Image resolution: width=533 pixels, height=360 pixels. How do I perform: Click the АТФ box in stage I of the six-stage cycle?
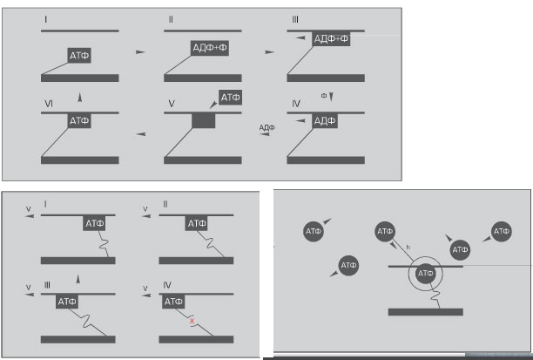(x=79, y=56)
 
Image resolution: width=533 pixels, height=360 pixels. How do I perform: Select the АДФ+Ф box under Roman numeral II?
(x=210, y=48)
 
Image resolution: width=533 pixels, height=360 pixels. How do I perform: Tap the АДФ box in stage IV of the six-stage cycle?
(x=325, y=121)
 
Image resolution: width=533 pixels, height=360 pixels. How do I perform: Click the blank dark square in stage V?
(x=204, y=121)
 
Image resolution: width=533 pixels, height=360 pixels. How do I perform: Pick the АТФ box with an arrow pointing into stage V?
(x=231, y=98)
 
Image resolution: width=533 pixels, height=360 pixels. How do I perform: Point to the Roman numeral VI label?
(x=49, y=104)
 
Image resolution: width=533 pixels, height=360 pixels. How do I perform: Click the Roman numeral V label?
(x=172, y=104)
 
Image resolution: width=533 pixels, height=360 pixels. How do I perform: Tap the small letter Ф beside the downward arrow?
(x=324, y=96)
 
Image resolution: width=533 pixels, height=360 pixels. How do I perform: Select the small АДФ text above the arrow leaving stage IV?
(x=266, y=127)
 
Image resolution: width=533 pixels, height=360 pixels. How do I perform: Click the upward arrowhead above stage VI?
(x=80, y=98)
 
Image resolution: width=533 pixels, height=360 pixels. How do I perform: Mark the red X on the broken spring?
(x=192, y=321)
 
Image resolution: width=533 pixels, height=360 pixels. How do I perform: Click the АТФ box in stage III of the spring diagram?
(x=67, y=302)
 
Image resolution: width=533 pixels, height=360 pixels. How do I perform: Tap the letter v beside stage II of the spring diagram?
(x=145, y=209)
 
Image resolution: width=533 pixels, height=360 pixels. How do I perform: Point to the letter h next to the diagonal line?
(x=408, y=248)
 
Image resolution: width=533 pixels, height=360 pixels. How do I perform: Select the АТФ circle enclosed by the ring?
(x=425, y=273)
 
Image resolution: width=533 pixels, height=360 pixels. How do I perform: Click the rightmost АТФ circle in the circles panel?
(x=502, y=232)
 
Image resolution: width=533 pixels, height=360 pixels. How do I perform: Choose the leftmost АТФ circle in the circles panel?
(x=313, y=231)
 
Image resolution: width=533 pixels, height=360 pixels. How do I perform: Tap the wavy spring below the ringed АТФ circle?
(x=435, y=295)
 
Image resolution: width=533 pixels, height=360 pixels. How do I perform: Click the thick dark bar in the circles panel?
(x=426, y=312)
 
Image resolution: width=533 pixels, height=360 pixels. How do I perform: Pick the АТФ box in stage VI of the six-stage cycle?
(x=79, y=121)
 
